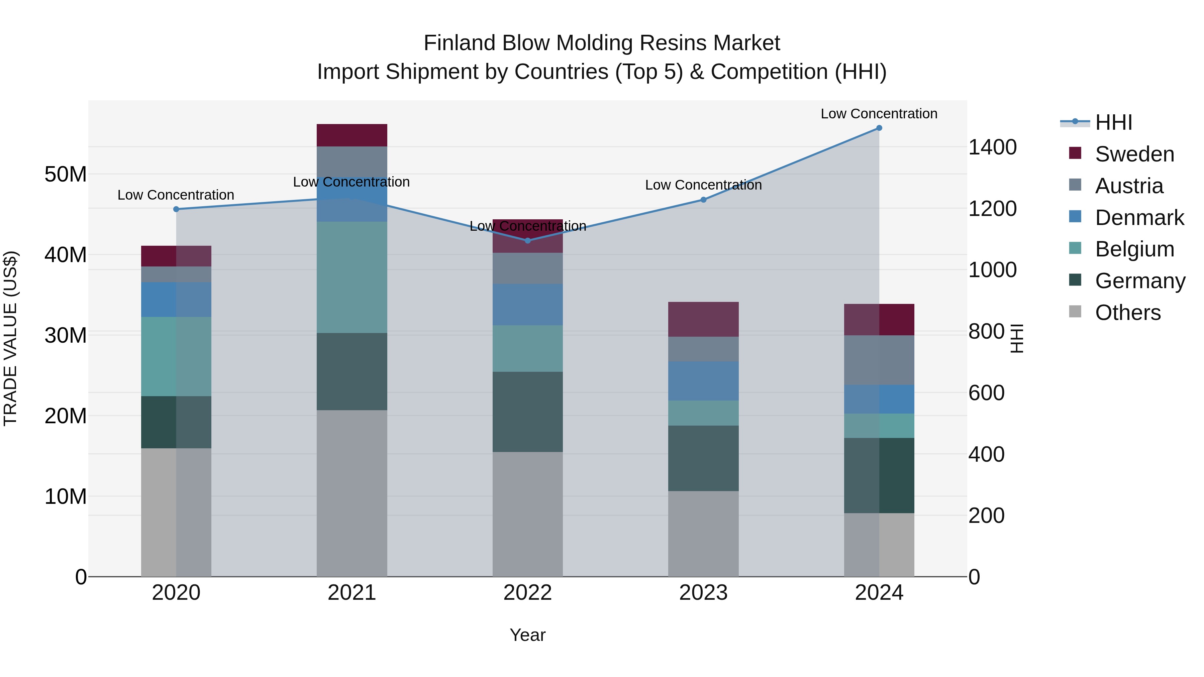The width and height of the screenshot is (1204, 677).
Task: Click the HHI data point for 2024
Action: [879, 128]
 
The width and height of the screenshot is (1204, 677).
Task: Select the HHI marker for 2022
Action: [528, 241]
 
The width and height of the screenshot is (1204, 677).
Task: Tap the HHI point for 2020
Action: [176, 209]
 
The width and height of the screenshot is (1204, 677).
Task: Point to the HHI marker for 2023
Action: [703, 200]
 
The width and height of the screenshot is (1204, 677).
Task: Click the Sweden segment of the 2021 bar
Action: [352, 135]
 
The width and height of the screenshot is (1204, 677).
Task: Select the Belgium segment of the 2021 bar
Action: [352, 277]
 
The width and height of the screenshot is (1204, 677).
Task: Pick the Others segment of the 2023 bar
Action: [703, 534]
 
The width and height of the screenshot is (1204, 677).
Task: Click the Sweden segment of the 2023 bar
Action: [703, 319]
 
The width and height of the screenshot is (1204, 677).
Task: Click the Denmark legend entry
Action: [1139, 218]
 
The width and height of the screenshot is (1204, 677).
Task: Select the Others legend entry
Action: [1127, 313]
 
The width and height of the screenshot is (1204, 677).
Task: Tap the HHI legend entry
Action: [1113, 122]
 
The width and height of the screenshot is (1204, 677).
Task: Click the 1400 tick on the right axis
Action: [992, 147]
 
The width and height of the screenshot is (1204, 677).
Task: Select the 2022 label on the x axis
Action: [528, 593]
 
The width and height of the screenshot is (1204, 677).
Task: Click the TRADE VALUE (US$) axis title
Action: [11, 338]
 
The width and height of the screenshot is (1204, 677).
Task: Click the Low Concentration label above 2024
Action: [879, 114]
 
